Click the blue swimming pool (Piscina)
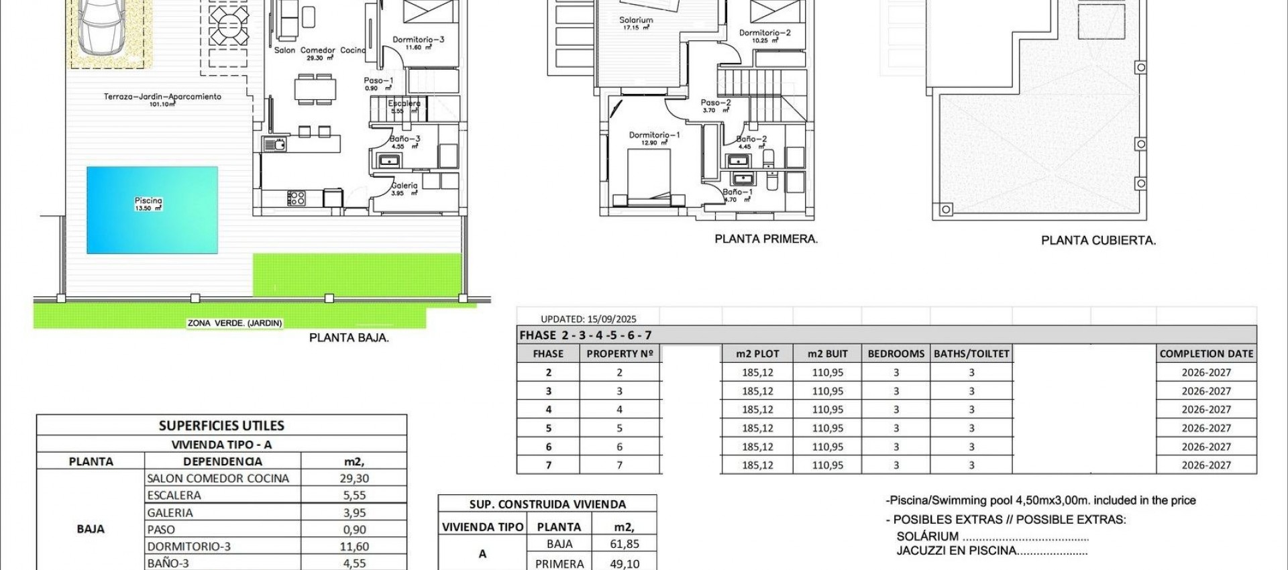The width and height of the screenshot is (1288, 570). [x=152, y=210]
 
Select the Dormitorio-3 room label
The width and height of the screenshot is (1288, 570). [x=418, y=40]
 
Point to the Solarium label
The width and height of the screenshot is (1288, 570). [x=636, y=21]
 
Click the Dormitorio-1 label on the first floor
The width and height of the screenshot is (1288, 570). [x=654, y=135]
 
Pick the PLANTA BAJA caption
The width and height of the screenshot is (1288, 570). [x=349, y=338]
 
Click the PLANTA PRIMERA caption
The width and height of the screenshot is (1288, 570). [x=766, y=239]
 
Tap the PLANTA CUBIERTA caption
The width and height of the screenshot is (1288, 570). [x=1098, y=240]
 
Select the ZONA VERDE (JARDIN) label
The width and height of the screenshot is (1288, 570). [x=235, y=323]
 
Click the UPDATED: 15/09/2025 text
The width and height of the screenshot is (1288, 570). [x=588, y=319]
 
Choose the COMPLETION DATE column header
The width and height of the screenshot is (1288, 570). [x=1206, y=354]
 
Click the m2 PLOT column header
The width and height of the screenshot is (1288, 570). [x=757, y=354]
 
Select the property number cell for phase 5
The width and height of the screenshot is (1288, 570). [x=619, y=428]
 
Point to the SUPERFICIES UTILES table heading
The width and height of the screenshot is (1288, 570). [x=221, y=426]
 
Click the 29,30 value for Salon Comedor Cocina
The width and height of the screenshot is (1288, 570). [x=354, y=479]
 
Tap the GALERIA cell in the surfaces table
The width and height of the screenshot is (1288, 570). [x=170, y=513]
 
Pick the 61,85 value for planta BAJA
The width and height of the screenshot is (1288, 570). [x=624, y=545]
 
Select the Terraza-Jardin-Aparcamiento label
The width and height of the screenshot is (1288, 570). [x=162, y=97]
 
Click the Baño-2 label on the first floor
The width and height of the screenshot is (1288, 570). [x=751, y=139]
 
